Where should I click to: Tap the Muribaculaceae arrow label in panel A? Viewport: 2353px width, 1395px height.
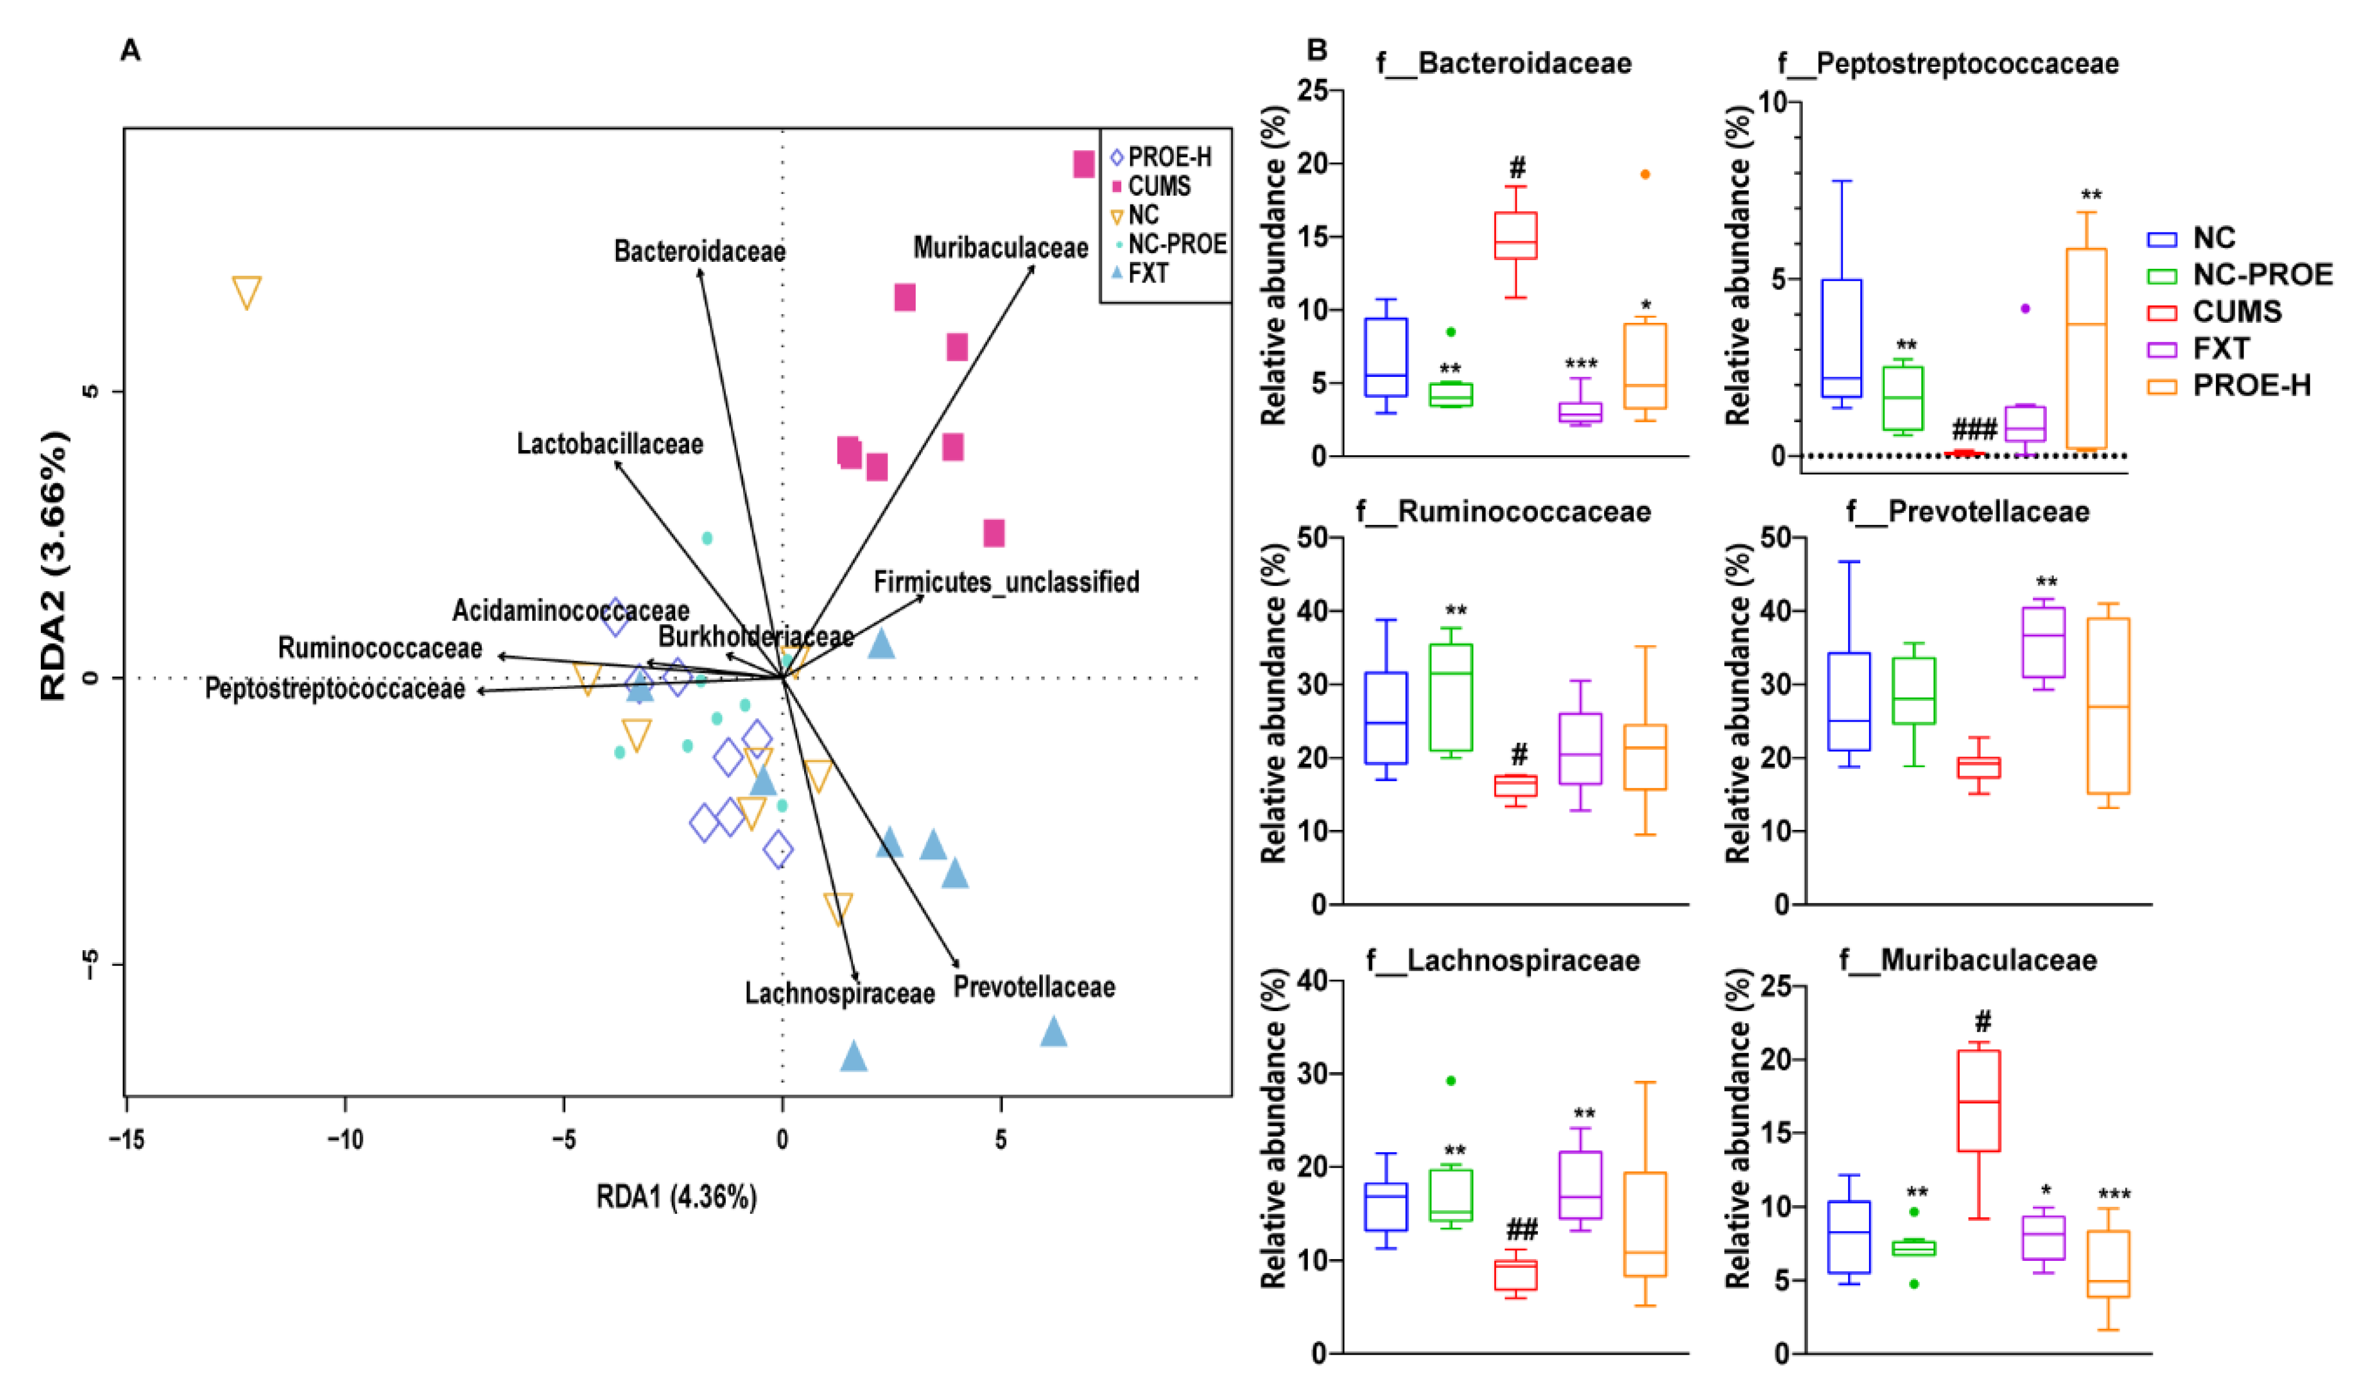1000,248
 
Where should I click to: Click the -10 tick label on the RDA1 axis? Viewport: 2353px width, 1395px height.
344,1140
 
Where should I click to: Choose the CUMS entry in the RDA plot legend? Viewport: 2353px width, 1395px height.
1158,186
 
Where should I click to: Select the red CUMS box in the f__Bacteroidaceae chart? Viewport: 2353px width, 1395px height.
1516,235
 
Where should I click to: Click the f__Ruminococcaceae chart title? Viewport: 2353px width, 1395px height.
1503,512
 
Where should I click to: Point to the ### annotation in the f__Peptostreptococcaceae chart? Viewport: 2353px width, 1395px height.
1974,430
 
